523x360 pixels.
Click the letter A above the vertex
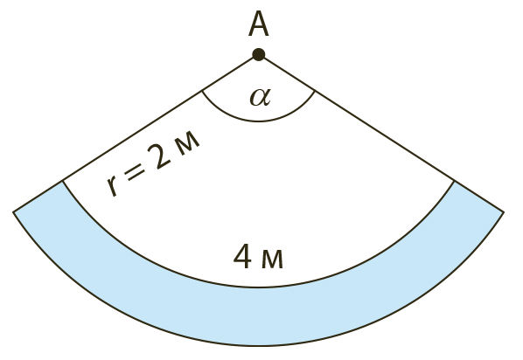pos(259,24)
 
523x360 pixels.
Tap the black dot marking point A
pos(259,54)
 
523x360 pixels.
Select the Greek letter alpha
pos(261,97)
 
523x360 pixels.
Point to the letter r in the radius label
pos(113,187)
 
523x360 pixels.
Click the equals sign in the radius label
pos(134,172)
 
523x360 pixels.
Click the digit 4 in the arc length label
pos(242,257)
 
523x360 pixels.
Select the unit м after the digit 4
pos(272,260)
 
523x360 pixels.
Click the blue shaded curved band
pos(259,316)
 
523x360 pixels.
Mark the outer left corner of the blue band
pos(13,211)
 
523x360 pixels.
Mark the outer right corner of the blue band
pos(504,211)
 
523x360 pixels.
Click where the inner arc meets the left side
pos(62,181)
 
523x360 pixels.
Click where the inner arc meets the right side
pos(454,181)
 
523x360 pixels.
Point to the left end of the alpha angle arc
pos(202,90)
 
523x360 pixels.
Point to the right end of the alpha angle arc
pos(315,90)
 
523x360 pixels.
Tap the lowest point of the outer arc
pos(259,345)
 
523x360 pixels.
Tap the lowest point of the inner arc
pos(259,287)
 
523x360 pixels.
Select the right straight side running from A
pos(381,133)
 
